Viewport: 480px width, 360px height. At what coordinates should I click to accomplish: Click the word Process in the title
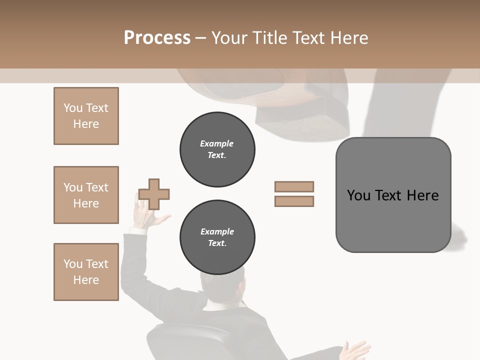(157, 38)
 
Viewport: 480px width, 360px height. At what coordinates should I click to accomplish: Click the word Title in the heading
(269, 38)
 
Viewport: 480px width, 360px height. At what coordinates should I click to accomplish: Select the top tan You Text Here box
(86, 116)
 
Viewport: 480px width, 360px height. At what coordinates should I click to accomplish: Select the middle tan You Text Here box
(86, 195)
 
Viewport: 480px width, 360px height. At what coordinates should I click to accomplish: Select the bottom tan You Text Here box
(86, 272)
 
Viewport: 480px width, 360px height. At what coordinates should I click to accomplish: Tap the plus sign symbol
(154, 194)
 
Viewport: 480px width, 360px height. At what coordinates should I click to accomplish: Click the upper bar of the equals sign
(294, 186)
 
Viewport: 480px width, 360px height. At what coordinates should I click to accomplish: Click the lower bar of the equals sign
(294, 201)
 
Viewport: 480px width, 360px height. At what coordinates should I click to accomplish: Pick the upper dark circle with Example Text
(217, 149)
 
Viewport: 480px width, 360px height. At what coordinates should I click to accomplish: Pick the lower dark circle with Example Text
(217, 237)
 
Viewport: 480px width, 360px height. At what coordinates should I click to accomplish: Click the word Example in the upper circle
(217, 143)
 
